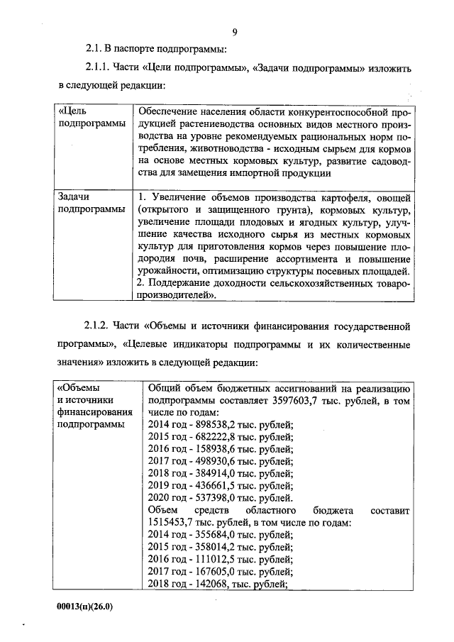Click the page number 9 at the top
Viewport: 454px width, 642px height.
coord(233,32)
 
